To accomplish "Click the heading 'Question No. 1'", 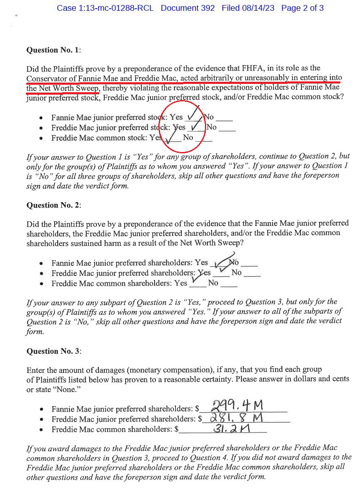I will (x=53, y=50).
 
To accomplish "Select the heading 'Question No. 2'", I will (x=53, y=205).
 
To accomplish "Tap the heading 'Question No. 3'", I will (x=53, y=351).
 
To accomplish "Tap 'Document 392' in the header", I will (x=188, y=8).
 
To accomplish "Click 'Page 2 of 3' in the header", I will (x=302, y=8).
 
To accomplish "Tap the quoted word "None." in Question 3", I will (x=68, y=390).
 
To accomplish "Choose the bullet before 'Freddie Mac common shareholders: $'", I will (x=41, y=429).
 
